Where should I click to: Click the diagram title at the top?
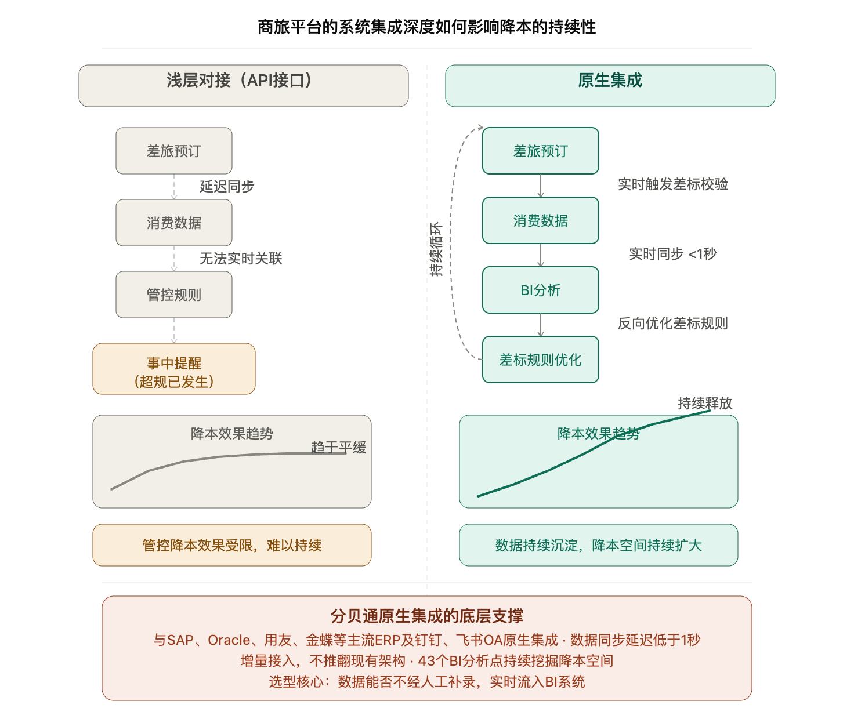click(x=426, y=27)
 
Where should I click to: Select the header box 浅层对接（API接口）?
click(x=243, y=86)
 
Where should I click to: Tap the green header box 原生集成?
click(x=610, y=86)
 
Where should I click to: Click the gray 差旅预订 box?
click(x=174, y=151)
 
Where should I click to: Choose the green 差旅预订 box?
click(x=540, y=151)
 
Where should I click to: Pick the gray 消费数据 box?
click(x=174, y=223)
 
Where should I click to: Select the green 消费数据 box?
click(x=540, y=220)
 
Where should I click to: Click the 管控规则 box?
click(x=174, y=295)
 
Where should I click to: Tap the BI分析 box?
click(x=540, y=290)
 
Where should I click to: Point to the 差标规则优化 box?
click(x=540, y=359)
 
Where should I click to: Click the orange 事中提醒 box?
click(x=174, y=369)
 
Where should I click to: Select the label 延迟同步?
click(x=227, y=186)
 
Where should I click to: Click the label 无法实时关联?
click(x=241, y=259)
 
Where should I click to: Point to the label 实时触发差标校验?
click(x=673, y=184)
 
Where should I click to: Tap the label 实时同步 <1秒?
click(x=673, y=254)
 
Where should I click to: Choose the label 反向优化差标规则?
click(x=673, y=324)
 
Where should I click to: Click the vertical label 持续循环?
click(x=436, y=249)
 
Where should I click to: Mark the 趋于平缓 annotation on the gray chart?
click(x=338, y=447)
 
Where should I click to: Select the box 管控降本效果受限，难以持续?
click(x=232, y=545)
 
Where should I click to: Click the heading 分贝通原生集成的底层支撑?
click(x=426, y=616)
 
